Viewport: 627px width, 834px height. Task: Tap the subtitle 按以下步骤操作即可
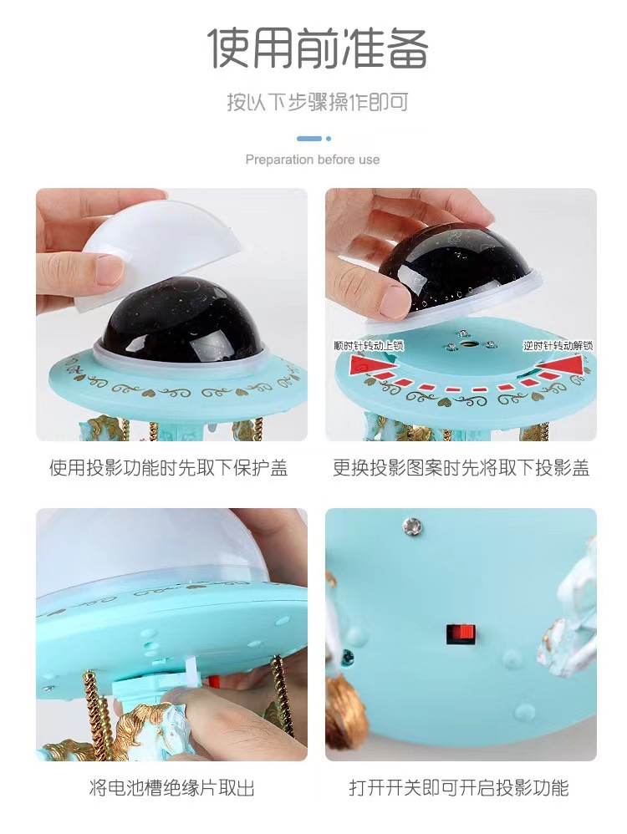point(318,103)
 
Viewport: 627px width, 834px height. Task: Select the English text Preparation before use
point(313,160)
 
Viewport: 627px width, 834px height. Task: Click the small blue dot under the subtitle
point(329,139)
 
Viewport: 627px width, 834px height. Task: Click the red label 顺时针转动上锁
point(370,345)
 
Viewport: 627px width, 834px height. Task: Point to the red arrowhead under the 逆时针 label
point(565,364)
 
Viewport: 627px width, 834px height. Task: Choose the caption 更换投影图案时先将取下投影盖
point(461,468)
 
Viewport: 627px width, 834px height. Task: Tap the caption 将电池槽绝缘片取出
point(171,787)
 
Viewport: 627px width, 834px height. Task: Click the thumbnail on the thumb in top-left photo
point(110,269)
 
